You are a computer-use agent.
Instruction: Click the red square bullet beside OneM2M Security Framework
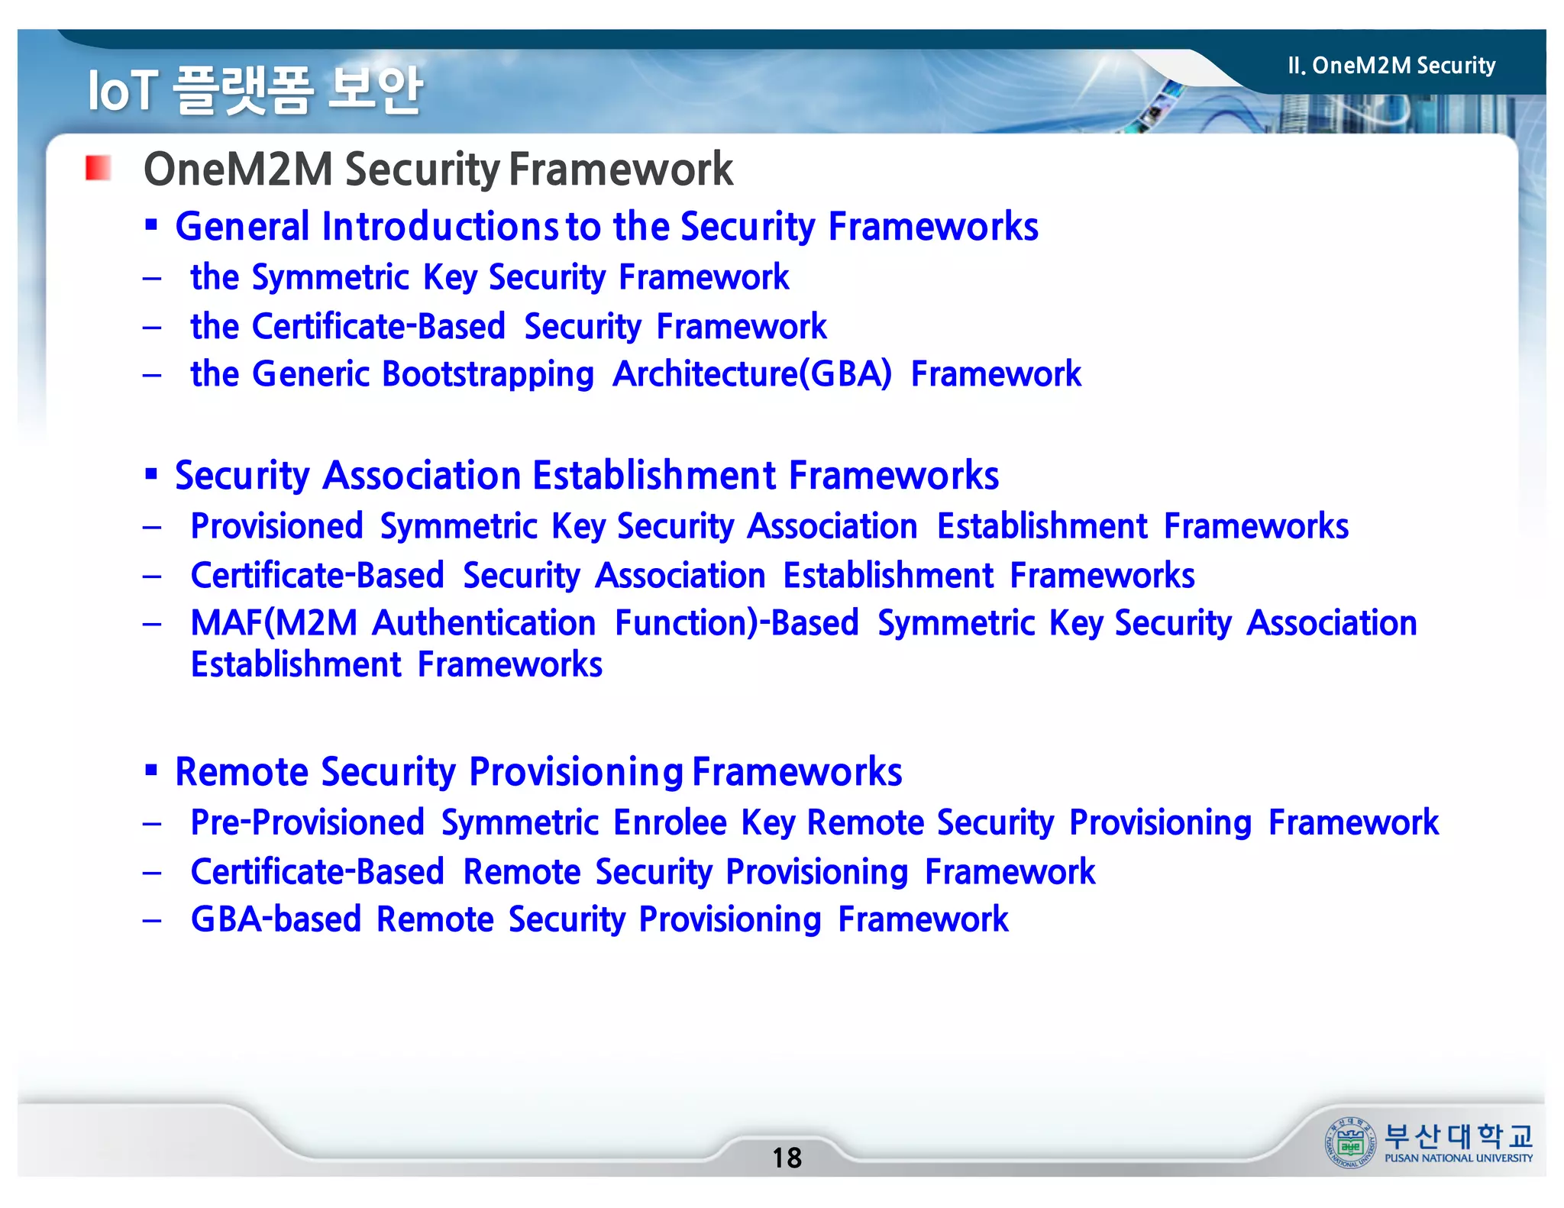(x=98, y=168)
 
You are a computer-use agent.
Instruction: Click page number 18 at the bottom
(x=787, y=1158)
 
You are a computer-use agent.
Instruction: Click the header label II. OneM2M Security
(x=1391, y=66)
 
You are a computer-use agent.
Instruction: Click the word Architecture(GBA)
(x=751, y=374)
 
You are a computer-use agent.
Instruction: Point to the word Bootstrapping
(x=487, y=374)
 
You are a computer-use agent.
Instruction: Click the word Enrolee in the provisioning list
(x=670, y=822)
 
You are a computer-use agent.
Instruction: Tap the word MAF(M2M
(x=273, y=623)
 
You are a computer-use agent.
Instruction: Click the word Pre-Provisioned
(x=307, y=822)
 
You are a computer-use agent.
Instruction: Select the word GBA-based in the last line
(x=276, y=919)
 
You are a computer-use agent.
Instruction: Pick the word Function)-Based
(x=736, y=623)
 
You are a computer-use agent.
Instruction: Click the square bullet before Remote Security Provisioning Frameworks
(x=151, y=770)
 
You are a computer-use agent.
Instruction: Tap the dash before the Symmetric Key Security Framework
(x=152, y=278)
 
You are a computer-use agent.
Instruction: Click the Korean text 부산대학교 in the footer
(x=1457, y=1136)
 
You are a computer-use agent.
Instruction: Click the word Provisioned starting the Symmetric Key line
(x=276, y=526)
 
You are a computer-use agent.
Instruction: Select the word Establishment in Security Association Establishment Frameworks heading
(x=654, y=476)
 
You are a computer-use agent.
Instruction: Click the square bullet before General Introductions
(x=151, y=224)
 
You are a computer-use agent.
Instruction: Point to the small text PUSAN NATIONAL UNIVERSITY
(x=1458, y=1158)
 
